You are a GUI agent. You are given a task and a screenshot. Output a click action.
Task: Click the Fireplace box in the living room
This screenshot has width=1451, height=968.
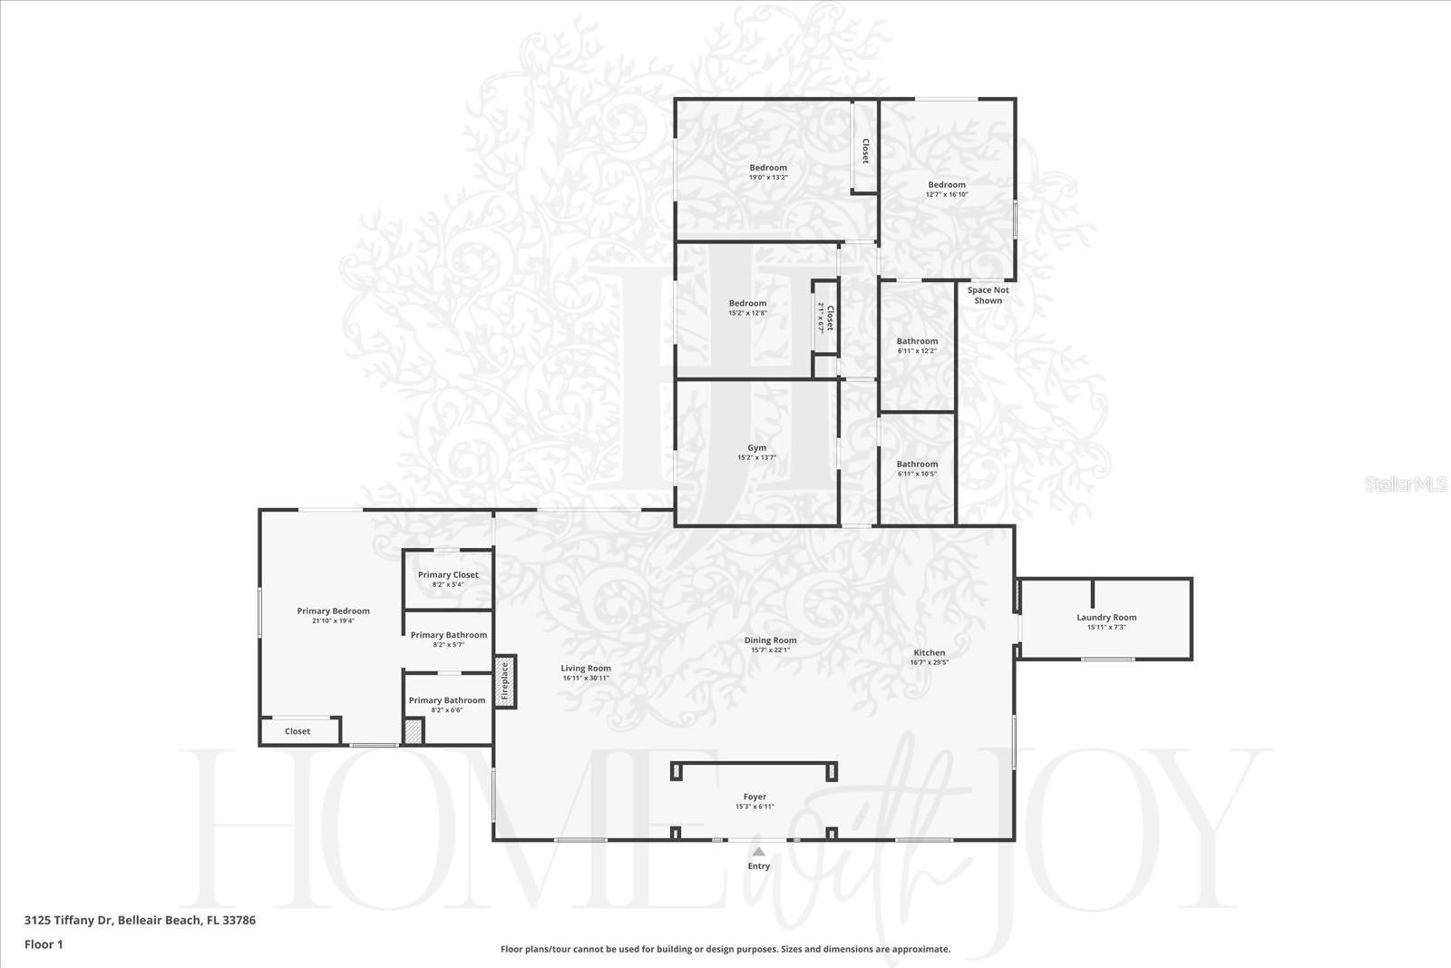(x=505, y=681)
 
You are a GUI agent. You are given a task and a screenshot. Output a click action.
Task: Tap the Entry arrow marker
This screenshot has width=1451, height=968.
(x=758, y=852)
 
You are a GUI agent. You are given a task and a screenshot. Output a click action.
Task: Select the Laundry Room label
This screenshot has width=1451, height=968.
(x=1106, y=618)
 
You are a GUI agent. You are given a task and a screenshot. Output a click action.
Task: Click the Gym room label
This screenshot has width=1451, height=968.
(x=756, y=448)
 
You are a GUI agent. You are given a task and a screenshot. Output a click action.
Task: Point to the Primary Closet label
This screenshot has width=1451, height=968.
(x=448, y=575)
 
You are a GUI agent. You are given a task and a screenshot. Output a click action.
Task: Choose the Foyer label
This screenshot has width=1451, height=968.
(x=755, y=797)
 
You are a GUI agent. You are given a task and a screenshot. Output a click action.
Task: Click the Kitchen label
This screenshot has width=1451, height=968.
(x=929, y=653)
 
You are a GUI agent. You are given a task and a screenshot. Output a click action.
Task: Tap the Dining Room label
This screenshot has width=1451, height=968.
(x=771, y=640)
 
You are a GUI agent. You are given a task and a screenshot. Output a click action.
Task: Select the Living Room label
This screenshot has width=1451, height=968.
(x=586, y=669)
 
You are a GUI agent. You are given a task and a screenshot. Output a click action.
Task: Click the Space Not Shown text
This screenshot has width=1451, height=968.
(x=988, y=296)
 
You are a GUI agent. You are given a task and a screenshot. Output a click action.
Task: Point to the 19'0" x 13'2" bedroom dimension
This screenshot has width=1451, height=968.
(x=768, y=178)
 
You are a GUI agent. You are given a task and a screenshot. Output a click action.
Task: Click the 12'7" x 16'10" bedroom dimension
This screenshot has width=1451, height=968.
(x=947, y=195)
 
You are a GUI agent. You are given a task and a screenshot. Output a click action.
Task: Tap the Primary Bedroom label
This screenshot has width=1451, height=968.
(x=333, y=611)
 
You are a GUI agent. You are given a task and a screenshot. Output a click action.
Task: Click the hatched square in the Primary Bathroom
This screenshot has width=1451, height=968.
(x=414, y=731)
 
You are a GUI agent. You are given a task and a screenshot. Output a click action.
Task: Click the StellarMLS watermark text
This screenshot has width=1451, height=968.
(x=1406, y=485)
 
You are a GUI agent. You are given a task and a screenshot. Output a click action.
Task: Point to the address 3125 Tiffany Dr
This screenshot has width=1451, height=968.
(x=140, y=920)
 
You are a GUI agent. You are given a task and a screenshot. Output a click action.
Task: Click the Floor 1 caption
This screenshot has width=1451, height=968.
(x=44, y=944)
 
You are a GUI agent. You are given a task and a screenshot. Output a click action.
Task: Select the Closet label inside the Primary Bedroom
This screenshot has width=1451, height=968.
(x=297, y=731)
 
